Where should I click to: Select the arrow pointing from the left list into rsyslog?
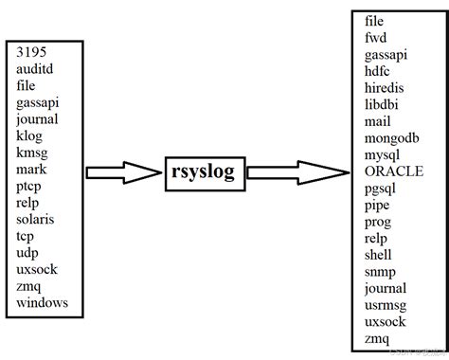tap(123, 172)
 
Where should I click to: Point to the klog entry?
tap(30, 135)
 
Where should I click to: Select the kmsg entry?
tap(33, 153)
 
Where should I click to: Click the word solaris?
tap(38, 219)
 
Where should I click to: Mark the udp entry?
tap(28, 252)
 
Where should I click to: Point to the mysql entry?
tap(385, 154)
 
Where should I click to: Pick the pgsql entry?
tap(383, 189)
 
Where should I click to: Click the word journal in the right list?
tap(385, 289)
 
